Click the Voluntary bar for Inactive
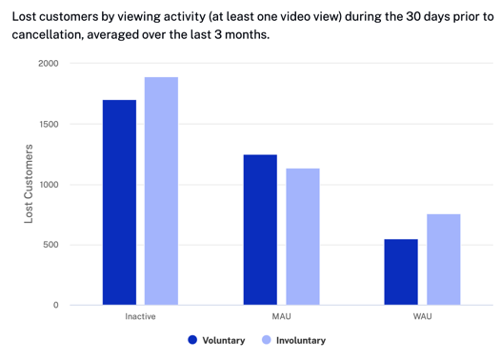119,202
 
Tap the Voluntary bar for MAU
260,230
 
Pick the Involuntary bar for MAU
303,236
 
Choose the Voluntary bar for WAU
401,271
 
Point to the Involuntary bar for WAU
444,259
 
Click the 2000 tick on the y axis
48,64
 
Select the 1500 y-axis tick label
48,125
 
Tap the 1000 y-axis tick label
48,185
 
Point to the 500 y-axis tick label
50,245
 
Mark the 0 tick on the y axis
55,306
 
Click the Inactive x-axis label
140,316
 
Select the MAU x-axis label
281,316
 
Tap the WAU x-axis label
422,316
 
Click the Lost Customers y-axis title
29,185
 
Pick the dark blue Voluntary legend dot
192,340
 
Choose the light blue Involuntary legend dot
267,340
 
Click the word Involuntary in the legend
301,340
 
